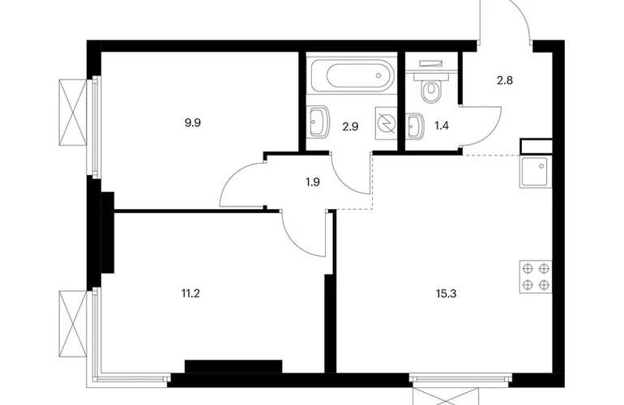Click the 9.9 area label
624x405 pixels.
[x=193, y=123]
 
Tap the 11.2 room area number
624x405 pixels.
[x=190, y=294]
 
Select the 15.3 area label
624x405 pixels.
[x=446, y=294]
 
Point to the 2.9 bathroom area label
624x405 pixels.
[x=350, y=126]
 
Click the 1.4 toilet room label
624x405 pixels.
[x=442, y=126]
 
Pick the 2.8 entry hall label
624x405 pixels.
[x=505, y=81]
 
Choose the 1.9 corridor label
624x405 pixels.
[x=313, y=182]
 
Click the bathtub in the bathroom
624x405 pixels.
[x=353, y=75]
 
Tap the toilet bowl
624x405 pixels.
[x=430, y=90]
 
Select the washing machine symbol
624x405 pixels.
[x=386, y=123]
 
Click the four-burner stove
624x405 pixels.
[x=536, y=277]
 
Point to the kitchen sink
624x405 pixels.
[x=536, y=172]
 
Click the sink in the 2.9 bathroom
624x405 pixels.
[x=318, y=122]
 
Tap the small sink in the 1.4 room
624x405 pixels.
[x=415, y=126]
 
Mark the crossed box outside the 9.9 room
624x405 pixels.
[x=73, y=113]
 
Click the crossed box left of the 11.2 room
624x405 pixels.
[x=73, y=324]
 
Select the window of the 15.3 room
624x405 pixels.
[x=461, y=378]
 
